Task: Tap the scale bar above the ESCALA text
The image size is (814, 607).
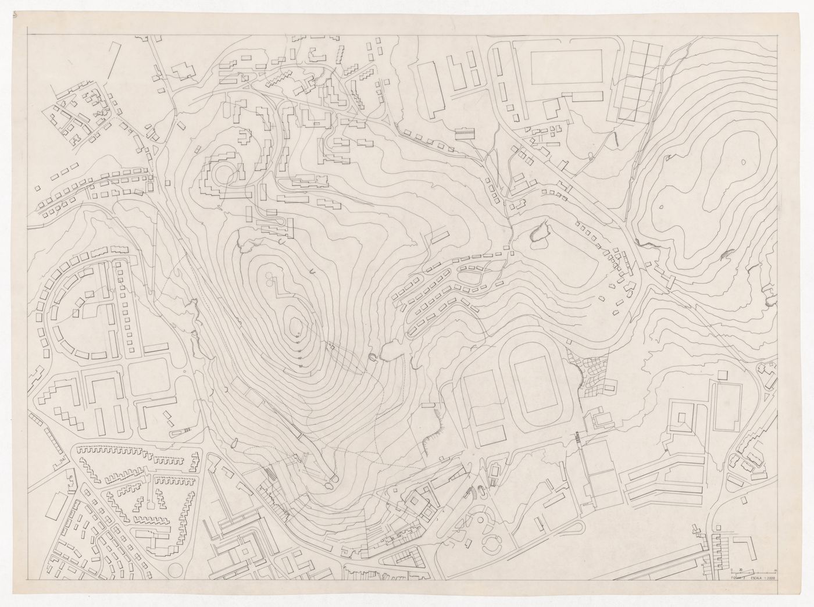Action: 749,570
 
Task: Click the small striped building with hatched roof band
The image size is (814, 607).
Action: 465,133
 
